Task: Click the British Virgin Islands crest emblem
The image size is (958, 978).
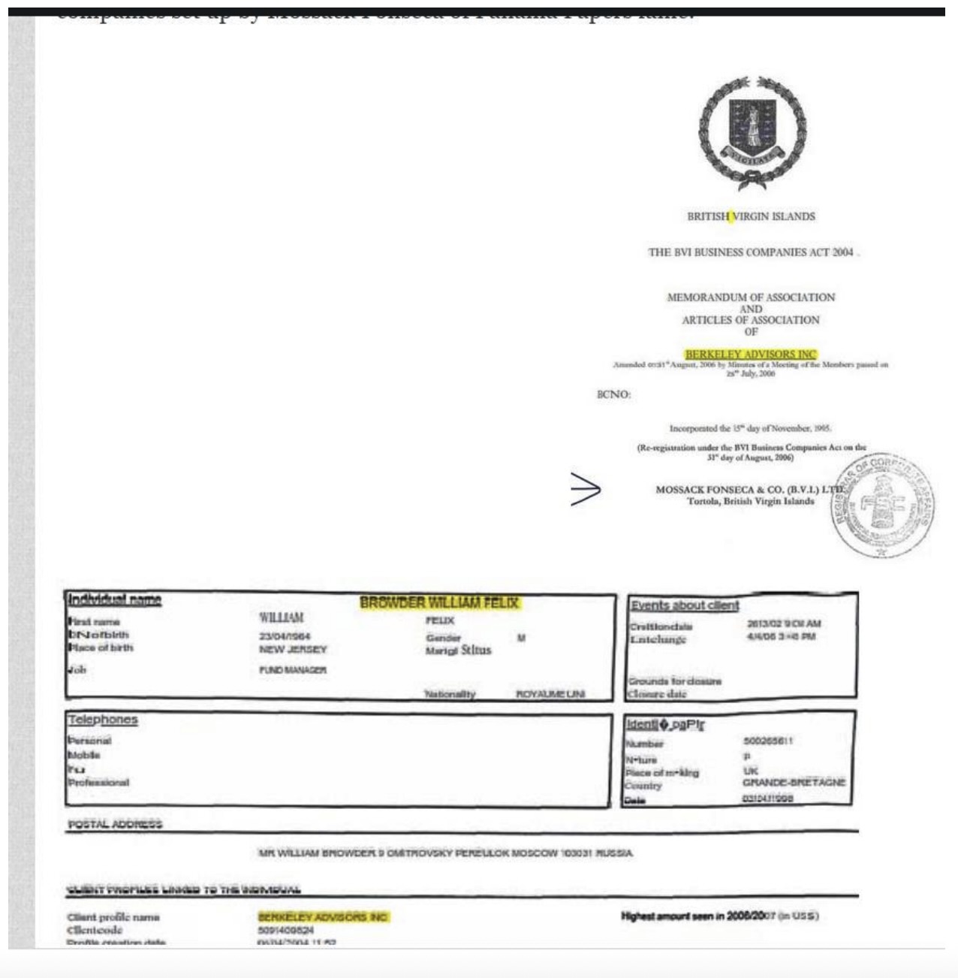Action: click(752, 132)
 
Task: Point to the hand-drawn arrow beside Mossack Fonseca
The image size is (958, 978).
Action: click(586, 490)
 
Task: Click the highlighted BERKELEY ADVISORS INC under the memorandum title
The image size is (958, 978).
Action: click(750, 354)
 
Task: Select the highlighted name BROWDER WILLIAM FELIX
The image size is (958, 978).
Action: click(439, 602)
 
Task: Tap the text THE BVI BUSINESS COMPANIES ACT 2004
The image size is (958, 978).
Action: click(751, 252)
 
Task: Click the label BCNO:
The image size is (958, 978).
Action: click(613, 394)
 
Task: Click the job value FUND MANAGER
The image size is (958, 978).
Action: click(293, 669)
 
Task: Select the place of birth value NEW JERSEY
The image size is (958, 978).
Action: click(293, 649)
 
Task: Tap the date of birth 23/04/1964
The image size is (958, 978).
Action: click(285, 636)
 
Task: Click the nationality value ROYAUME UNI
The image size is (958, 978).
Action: click(550, 694)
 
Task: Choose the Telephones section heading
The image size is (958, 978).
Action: click(103, 720)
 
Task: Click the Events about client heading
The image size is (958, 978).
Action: click(684, 605)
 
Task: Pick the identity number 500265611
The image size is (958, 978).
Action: click(767, 741)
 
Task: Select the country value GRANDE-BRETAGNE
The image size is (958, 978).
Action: click(794, 782)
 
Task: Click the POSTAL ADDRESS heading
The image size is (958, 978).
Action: click(115, 824)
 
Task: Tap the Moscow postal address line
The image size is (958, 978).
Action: click(445, 853)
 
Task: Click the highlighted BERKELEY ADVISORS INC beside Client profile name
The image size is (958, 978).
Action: click(323, 917)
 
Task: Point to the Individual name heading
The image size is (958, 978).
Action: click(114, 599)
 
